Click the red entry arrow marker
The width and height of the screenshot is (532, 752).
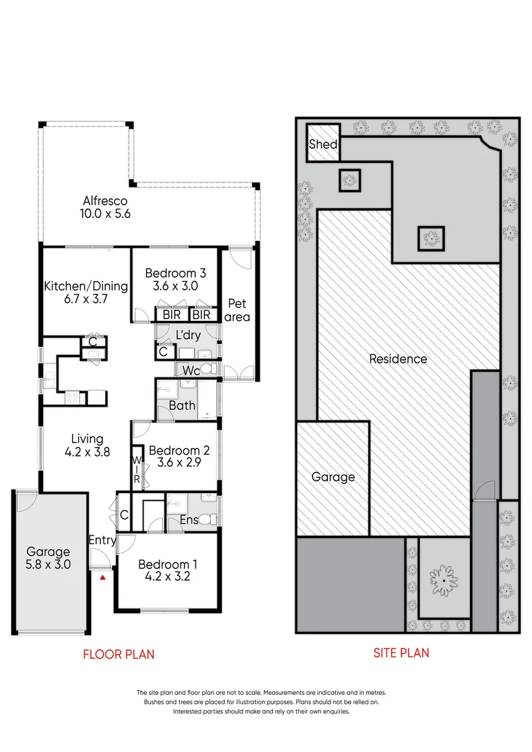[103, 577]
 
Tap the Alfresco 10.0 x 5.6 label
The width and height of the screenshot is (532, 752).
[104, 207]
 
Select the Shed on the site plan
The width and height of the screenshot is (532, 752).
[324, 144]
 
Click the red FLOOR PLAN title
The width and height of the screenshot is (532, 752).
[118, 654]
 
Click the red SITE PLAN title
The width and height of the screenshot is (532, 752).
[401, 652]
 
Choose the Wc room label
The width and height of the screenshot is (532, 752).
[192, 371]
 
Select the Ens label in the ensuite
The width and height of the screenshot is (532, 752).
[189, 519]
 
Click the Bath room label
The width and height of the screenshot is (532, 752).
[182, 406]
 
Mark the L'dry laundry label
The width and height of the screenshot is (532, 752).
[188, 335]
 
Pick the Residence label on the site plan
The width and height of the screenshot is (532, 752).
[398, 359]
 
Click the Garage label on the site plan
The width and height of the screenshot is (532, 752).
[332, 477]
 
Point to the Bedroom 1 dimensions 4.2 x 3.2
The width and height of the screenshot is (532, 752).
[164, 577]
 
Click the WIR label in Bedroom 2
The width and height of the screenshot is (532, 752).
[136, 470]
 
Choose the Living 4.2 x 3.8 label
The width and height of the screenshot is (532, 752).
[87, 445]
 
